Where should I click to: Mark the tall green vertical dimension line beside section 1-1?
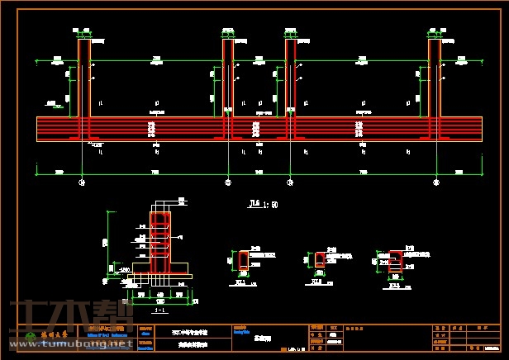108,244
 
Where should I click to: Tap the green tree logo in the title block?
32,335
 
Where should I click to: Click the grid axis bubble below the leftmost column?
81,182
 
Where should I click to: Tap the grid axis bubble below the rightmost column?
435,182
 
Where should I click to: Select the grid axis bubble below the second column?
229,182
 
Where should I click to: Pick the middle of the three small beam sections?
319,261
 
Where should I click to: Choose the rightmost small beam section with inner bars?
395,261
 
